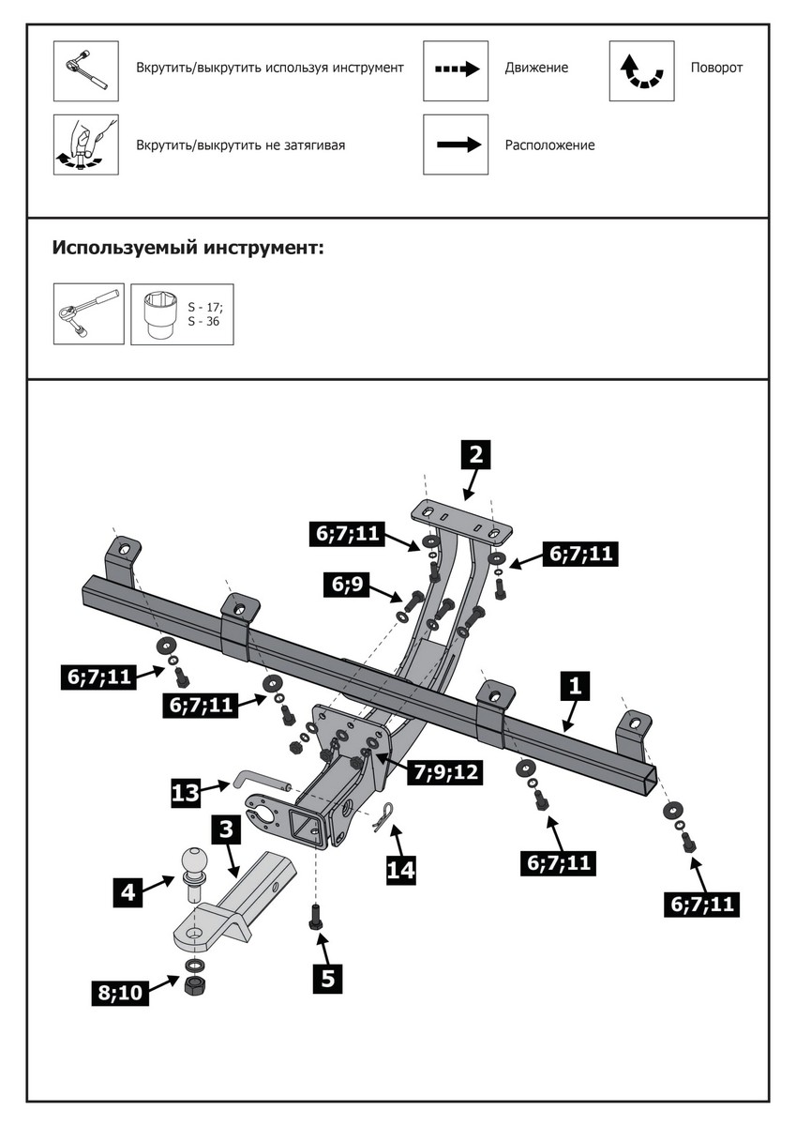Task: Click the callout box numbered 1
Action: (576, 686)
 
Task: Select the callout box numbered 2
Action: (475, 455)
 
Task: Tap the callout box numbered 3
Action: (226, 829)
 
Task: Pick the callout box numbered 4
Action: (128, 890)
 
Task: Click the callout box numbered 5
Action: (327, 978)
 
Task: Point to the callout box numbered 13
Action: (185, 793)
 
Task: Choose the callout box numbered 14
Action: (400, 870)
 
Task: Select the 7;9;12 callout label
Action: (444, 771)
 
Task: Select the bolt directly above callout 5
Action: (315, 916)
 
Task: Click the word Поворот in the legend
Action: (716, 68)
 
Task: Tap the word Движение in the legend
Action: (536, 68)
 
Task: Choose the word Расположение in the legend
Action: (549, 145)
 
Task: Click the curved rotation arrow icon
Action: (641, 70)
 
